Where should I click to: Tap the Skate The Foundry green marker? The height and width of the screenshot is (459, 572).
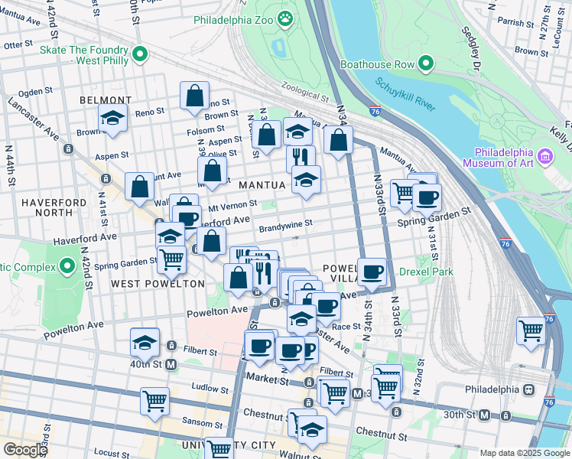(x=139, y=54)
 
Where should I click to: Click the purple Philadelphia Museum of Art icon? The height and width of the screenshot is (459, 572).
(x=544, y=157)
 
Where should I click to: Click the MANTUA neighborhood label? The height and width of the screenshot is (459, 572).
(x=262, y=185)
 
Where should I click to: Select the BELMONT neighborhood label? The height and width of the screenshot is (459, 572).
(x=106, y=100)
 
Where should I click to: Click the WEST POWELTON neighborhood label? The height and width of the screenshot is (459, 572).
(x=158, y=284)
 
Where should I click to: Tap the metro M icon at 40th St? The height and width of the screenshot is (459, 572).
(x=171, y=365)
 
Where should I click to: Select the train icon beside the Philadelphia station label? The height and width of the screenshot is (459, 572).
(x=528, y=389)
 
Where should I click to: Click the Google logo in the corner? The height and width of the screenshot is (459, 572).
(x=24, y=449)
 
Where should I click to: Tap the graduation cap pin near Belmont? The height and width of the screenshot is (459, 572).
(x=112, y=119)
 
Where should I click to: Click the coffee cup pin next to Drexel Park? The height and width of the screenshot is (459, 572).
(x=372, y=273)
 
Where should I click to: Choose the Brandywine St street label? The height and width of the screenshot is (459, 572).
(x=286, y=226)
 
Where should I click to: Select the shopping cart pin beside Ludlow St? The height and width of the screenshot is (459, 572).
(x=154, y=400)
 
